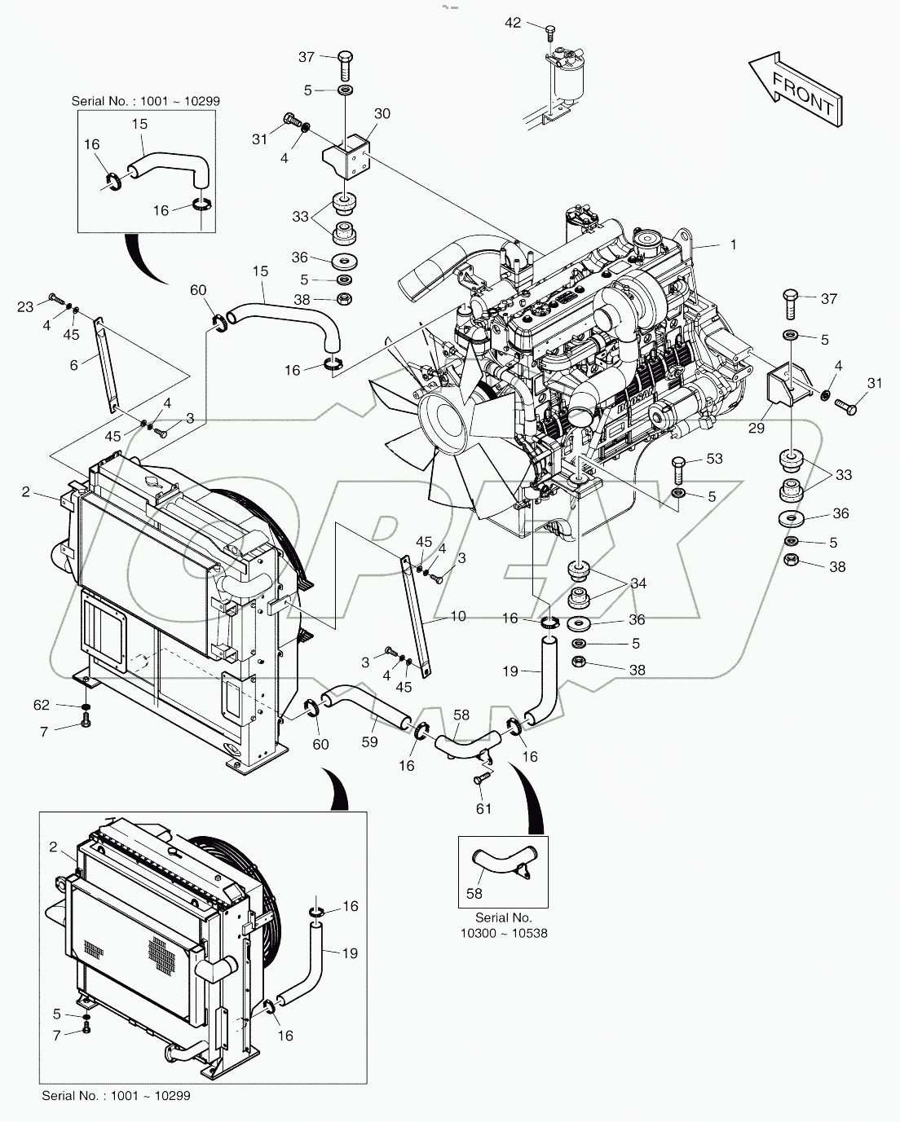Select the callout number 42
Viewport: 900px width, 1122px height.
[513, 23]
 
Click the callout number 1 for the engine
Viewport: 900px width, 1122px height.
[733, 244]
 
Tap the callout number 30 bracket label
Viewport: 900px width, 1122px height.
[382, 113]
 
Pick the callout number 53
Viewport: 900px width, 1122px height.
[714, 460]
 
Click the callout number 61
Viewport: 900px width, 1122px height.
[484, 808]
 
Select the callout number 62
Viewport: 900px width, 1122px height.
[42, 705]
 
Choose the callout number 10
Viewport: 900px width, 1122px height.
[458, 617]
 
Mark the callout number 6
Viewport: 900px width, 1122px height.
[74, 366]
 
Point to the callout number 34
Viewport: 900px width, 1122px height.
[637, 583]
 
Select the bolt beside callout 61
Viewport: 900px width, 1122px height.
[479, 780]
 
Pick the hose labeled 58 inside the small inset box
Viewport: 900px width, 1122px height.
[499, 865]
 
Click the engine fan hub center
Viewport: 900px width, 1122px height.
[443, 414]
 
